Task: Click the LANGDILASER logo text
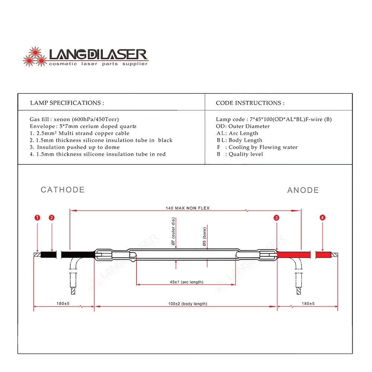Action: click(x=98, y=55)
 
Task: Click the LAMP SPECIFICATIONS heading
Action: click(x=67, y=103)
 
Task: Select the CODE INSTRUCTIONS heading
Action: click(x=250, y=103)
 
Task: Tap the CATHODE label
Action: click(x=62, y=190)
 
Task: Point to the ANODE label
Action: click(x=303, y=190)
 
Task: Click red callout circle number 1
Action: click(x=37, y=218)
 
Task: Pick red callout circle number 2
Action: click(x=52, y=218)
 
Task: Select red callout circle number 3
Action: click(x=276, y=218)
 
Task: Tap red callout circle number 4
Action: click(x=323, y=218)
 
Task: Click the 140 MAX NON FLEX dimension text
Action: click(x=187, y=208)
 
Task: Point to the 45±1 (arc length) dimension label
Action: click(x=187, y=282)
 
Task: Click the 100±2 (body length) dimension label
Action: click(x=187, y=304)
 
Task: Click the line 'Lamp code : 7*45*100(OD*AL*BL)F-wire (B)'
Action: click(x=274, y=119)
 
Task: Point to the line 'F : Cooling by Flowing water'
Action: click(x=257, y=147)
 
